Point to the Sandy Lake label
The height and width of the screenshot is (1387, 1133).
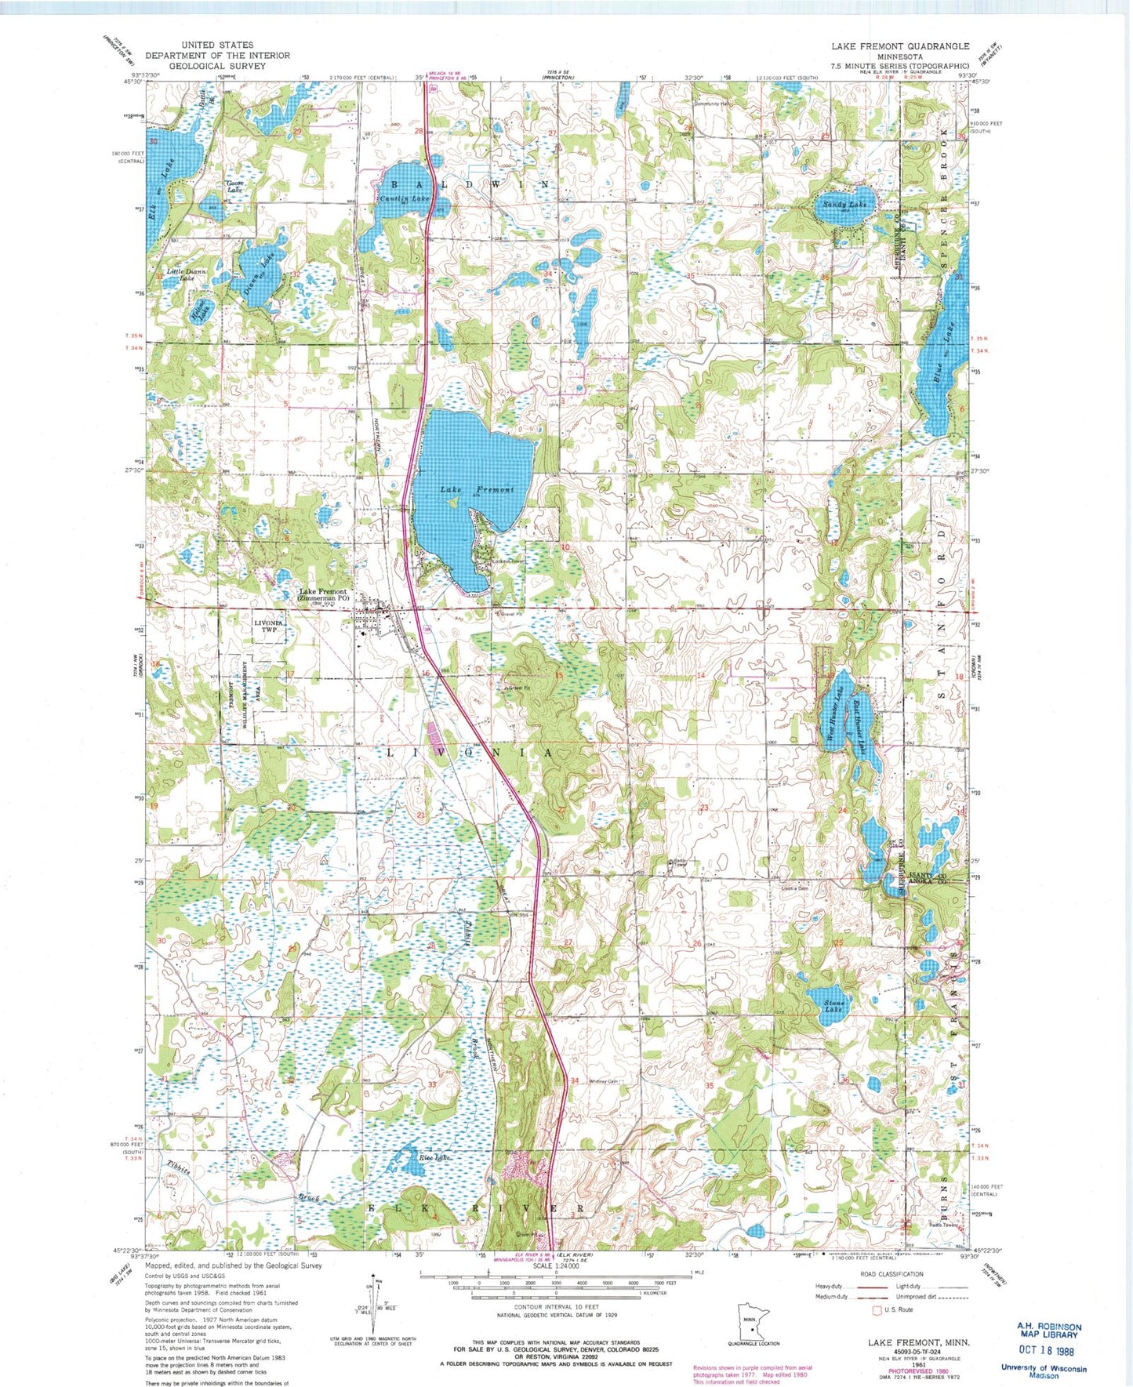pyautogui.click(x=844, y=204)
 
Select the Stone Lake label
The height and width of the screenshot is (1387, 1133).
pyautogui.click(x=833, y=1005)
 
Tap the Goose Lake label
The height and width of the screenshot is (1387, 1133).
pyautogui.click(x=235, y=187)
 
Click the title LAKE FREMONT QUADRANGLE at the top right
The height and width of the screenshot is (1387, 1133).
pyautogui.click(x=900, y=46)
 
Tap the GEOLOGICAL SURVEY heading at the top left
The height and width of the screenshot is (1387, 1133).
pyautogui.click(x=217, y=66)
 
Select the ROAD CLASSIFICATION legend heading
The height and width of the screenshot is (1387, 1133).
pyautogui.click(x=892, y=1274)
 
